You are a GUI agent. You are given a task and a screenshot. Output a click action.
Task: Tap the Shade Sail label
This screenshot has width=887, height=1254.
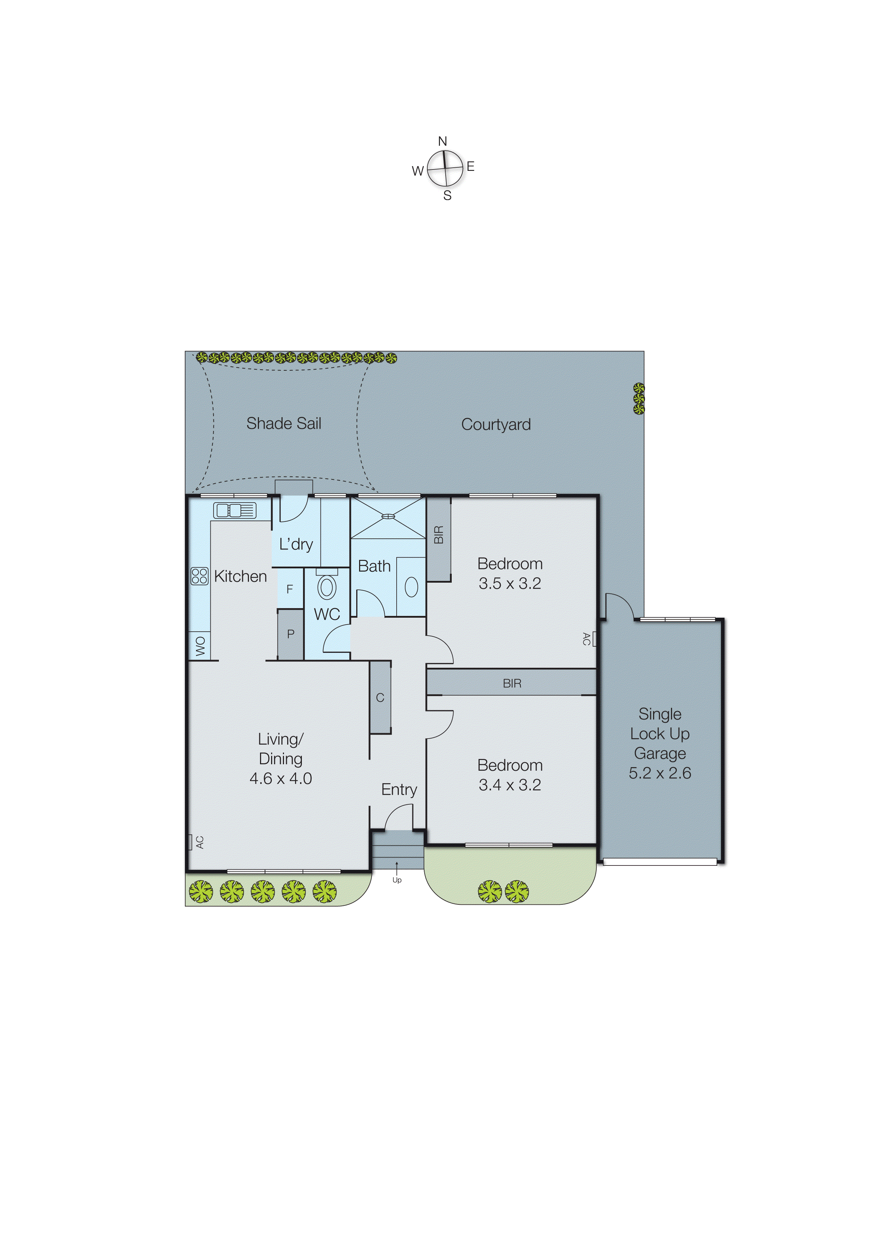(x=284, y=423)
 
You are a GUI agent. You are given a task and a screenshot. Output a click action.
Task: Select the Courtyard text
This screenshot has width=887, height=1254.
(x=496, y=424)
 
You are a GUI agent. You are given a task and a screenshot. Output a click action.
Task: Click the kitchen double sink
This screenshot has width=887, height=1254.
(x=235, y=510)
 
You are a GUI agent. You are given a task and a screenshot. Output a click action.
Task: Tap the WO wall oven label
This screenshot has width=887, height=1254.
(x=200, y=646)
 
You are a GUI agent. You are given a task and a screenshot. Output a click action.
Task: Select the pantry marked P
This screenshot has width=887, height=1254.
(x=291, y=633)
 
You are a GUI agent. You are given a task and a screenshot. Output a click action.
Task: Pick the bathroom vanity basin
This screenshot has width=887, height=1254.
(x=411, y=587)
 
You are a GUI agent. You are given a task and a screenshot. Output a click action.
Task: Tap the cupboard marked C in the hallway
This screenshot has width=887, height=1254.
(x=380, y=697)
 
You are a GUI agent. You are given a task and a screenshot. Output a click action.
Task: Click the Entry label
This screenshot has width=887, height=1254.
(x=399, y=789)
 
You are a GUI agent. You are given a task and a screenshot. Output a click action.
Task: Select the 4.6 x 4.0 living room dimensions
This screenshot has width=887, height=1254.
(x=280, y=778)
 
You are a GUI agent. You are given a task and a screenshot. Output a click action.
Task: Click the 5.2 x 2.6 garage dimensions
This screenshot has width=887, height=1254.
(x=660, y=773)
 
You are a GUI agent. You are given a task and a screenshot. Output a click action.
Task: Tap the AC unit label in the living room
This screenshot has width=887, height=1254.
(x=200, y=842)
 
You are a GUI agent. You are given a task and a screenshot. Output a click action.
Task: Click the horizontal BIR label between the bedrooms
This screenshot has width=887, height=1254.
(x=512, y=683)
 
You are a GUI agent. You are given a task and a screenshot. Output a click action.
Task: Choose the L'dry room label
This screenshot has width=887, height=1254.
(x=296, y=544)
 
